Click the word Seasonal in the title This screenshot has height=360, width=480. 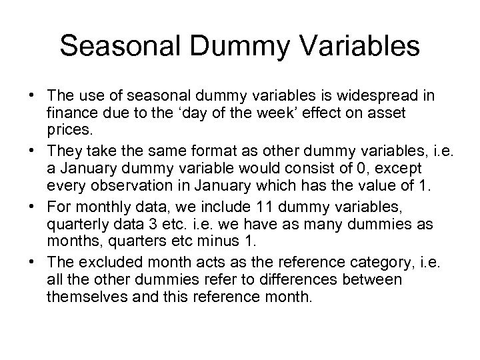(x=113, y=46)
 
